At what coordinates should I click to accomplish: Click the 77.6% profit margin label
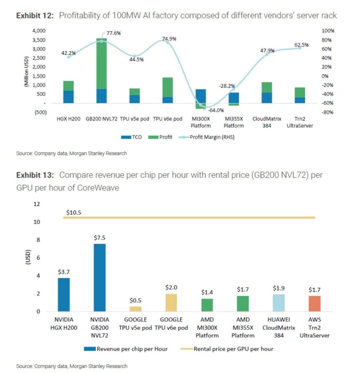(x=114, y=33)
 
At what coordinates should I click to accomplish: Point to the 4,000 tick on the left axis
(x=39, y=31)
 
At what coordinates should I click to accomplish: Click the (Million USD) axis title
(x=26, y=71)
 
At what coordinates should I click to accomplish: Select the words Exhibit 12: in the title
(x=35, y=16)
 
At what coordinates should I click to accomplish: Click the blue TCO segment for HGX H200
(x=68, y=97)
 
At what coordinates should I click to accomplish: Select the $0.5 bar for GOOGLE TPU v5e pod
(x=136, y=309)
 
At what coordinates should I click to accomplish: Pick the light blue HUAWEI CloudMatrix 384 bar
(x=279, y=303)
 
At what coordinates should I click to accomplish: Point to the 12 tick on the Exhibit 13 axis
(x=36, y=204)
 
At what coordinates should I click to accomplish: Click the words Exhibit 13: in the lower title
(x=35, y=175)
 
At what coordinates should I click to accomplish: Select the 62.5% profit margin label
(x=301, y=45)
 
